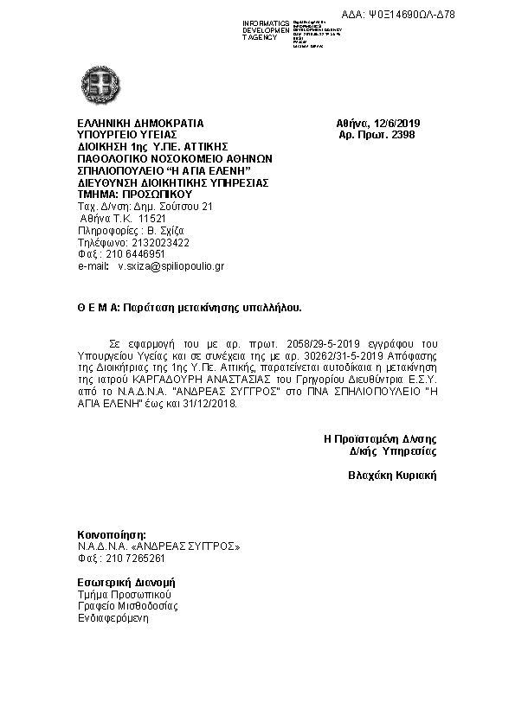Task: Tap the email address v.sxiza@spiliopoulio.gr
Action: tap(171, 267)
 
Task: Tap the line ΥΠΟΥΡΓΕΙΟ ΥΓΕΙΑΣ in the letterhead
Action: tap(127, 135)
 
